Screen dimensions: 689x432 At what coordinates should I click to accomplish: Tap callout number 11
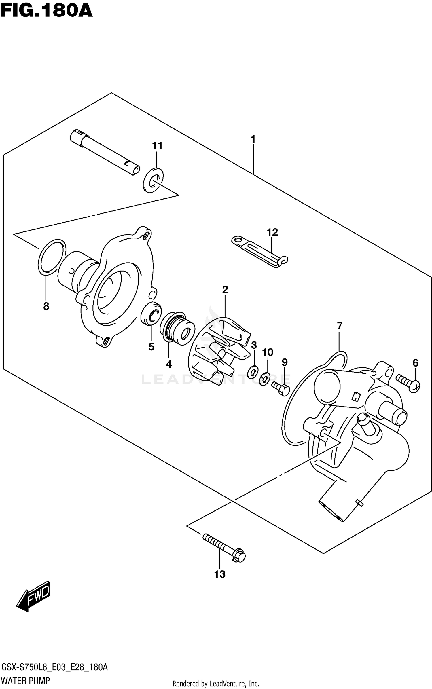pos(157,146)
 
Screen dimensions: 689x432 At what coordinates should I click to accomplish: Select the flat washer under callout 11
pos(153,180)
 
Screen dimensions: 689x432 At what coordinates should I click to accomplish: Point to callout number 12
pos(272,232)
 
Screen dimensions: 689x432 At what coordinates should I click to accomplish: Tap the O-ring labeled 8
pos(52,256)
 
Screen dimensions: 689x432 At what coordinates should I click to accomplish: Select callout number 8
pos(46,306)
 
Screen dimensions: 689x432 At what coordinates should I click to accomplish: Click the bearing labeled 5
pos(151,314)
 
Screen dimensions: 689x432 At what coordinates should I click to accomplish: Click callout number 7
pos(340,326)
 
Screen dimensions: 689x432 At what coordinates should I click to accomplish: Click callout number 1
pos(253,140)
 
